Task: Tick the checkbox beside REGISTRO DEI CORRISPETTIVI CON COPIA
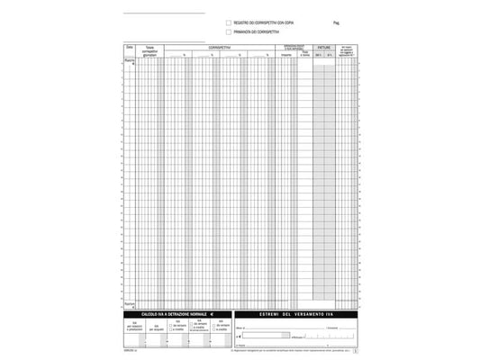point(228,22)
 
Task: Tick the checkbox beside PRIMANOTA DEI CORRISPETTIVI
point(228,31)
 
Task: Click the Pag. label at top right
point(336,22)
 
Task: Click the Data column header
point(130,46)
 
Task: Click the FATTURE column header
point(324,46)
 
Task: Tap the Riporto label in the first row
point(130,61)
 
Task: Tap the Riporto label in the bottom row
point(130,303)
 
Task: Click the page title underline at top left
point(164,13)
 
